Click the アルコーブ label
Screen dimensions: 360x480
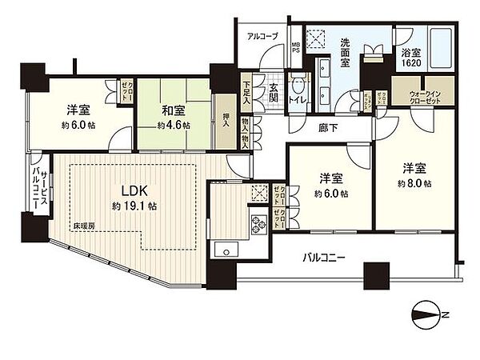(262, 37)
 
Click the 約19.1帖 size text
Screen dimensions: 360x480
(135, 206)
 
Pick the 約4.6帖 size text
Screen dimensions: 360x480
(174, 126)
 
